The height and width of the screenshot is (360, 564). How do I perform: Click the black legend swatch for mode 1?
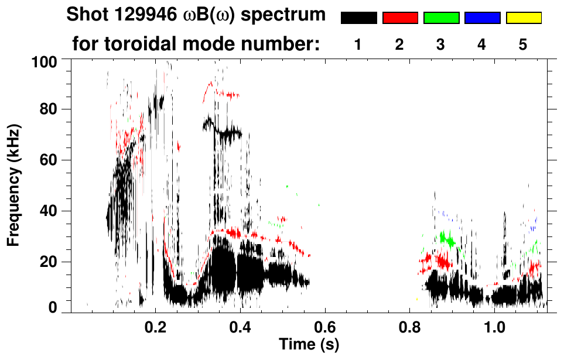click(x=358, y=18)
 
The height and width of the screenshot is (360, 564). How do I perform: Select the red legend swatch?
click(x=400, y=18)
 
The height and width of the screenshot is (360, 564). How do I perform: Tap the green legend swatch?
click(x=441, y=18)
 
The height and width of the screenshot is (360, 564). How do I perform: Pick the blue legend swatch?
click(x=482, y=18)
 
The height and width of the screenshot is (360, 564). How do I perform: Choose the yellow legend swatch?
click(x=523, y=18)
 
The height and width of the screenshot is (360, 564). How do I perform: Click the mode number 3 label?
click(x=440, y=44)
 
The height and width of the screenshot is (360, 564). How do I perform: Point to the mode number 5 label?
click(x=523, y=44)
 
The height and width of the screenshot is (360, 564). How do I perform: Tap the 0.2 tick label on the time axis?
click(x=155, y=324)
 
